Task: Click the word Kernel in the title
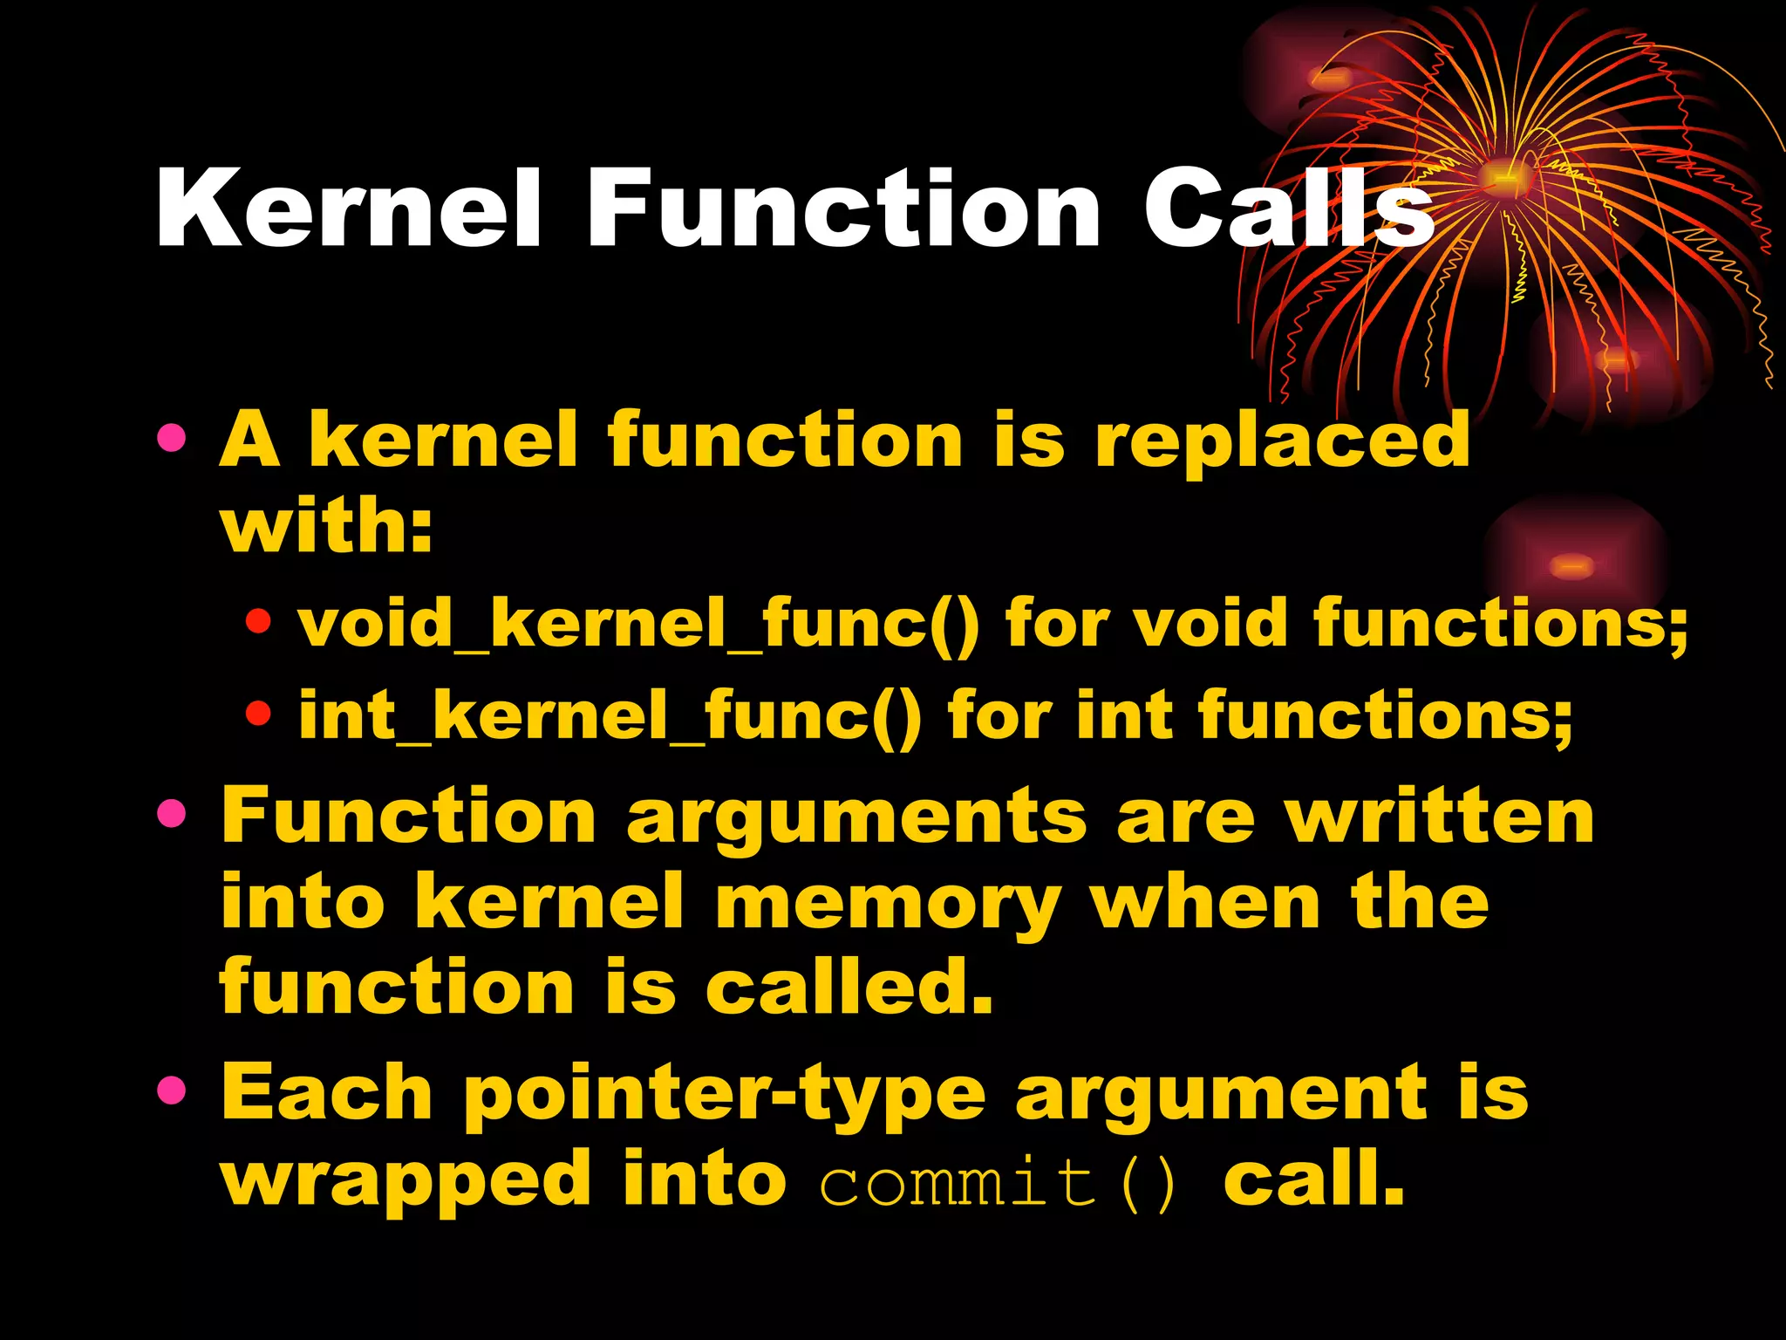[x=349, y=209]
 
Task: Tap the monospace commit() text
[x=999, y=1183]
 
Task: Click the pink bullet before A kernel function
[x=172, y=439]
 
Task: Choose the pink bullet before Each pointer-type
[x=172, y=1090]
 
